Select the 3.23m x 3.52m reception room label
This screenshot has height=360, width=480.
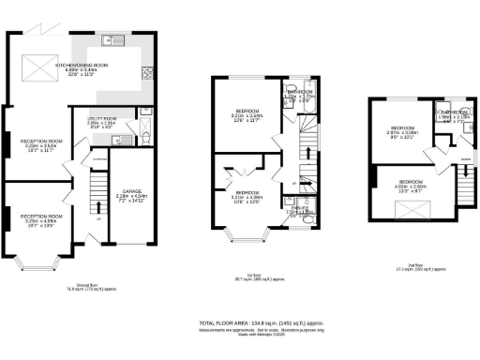41,146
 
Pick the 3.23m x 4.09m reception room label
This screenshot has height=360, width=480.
41,220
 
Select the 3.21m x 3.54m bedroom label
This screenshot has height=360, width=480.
248,117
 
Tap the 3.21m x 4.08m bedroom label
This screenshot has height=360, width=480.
247,196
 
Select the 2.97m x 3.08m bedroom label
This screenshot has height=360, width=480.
403,131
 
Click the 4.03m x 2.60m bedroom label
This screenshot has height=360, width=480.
410,187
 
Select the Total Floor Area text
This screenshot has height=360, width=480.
253,322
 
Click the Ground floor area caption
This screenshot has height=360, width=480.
82,288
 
